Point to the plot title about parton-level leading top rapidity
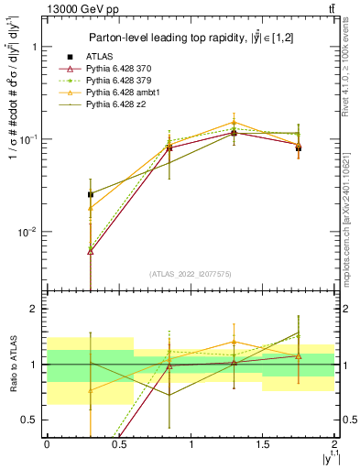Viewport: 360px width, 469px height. point(190,38)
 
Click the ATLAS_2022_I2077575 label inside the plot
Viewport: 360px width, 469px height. point(190,274)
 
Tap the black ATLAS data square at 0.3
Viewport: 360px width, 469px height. point(90,194)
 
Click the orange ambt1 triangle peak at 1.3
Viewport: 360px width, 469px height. point(235,122)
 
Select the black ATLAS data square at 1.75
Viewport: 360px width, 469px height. point(299,147)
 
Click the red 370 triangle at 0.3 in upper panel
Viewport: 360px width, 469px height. point(90,251)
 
